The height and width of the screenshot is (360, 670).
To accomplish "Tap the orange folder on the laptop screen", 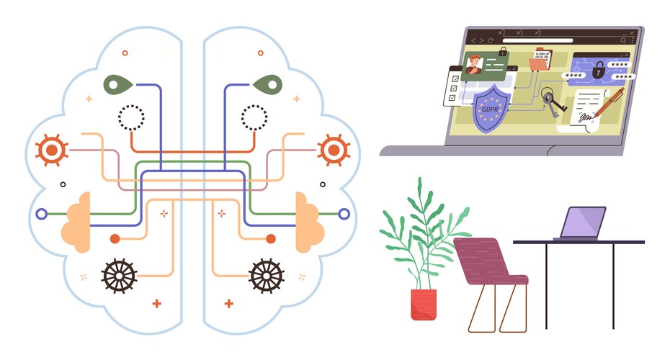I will [539, 63].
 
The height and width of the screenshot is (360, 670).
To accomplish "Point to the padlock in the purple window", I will [598, 71].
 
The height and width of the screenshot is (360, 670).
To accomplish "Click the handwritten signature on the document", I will [584, 115].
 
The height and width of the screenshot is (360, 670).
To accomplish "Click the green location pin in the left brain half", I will [120, 85].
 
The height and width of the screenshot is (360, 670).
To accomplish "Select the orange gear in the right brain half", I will [333, 149].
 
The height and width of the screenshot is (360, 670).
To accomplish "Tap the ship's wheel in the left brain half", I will [119, 275].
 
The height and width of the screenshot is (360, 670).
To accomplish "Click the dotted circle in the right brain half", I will [254, 116].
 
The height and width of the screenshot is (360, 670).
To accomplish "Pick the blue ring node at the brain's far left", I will [41, 214].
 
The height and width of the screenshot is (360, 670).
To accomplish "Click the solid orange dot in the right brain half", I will [271, 238].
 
